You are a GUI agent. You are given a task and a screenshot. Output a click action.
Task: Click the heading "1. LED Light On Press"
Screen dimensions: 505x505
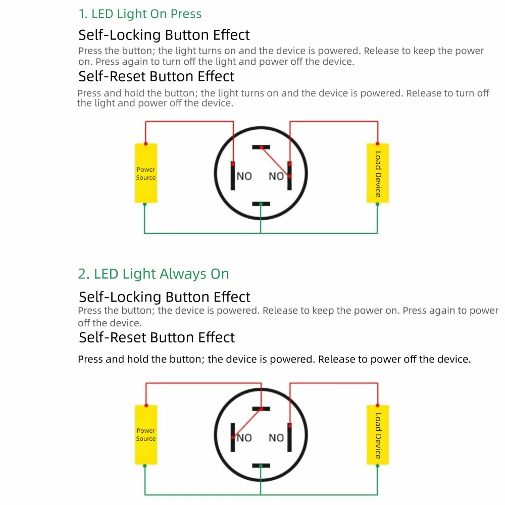[x=140, y=14]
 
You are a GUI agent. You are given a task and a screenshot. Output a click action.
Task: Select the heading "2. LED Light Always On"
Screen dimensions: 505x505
[x=154, y=274]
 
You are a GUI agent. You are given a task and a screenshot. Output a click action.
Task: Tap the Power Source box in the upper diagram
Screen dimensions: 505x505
[x=146, y=173]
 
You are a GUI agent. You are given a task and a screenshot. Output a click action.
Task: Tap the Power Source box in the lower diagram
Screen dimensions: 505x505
[x=146, y=434]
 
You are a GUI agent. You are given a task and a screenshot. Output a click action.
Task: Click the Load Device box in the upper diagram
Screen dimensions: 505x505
[x=378, y=173]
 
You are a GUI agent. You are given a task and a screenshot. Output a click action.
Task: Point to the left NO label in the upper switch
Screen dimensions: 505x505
[x=244, y=176]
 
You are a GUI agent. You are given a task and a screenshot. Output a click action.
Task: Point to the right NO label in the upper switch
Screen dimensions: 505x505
[x=276, y=176]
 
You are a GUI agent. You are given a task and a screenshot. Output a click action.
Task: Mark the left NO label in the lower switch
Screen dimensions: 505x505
[x=244, y=438]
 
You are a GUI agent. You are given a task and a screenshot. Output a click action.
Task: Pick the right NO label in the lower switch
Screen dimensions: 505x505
[x=276, y=438]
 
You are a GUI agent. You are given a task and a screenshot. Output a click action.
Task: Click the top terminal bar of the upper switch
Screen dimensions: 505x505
[x=261, y=147]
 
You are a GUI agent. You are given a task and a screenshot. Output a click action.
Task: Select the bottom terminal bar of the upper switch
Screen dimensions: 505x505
[x=261, y=204]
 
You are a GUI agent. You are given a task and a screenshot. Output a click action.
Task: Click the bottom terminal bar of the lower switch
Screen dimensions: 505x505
[x=261, y=465]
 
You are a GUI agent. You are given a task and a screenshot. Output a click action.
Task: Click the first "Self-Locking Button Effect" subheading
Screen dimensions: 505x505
[x=164, y=35]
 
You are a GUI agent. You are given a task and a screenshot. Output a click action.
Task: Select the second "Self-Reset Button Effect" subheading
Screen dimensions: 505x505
[x=157, y=337]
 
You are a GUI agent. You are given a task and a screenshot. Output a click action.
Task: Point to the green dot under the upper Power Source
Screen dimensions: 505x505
[x=144, y=204]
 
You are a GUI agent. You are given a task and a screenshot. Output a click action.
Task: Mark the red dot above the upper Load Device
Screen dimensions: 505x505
[x=378, y=143]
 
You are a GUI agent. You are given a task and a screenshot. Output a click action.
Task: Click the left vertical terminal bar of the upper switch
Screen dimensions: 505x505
[x=233, y=176]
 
